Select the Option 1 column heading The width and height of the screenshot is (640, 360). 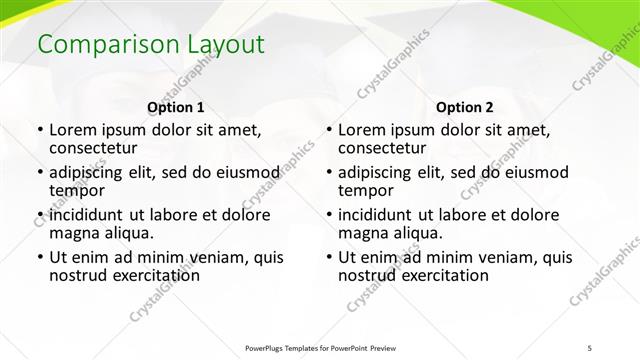[176, 107]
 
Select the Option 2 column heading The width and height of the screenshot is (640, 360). [465, 107]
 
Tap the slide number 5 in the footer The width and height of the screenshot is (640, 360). [589, 347]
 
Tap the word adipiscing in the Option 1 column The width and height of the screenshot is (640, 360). [92, 173]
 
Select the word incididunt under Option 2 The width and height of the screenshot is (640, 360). [381, 215]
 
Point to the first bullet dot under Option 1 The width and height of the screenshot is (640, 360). [39, 130]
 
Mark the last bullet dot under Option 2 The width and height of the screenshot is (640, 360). [328, 258]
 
